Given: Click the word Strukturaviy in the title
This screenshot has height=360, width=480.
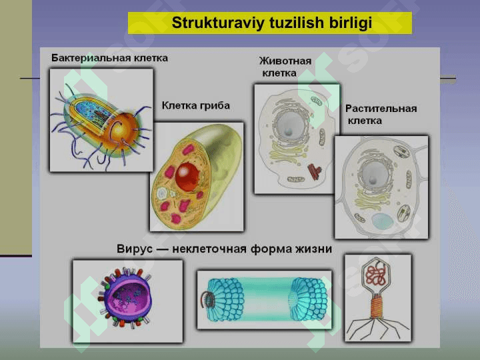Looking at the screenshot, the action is click(x=217, y=23).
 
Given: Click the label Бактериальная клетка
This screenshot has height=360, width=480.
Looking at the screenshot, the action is click(x=109, y=58).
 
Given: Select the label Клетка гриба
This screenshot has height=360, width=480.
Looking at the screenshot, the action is click(x=195, y=105).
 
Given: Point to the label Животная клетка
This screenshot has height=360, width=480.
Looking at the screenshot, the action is click(x=285, y=67).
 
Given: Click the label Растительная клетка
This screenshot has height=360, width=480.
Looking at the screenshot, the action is click(x=381, y=115).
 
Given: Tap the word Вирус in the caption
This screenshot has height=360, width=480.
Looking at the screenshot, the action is click(x=135, y=249).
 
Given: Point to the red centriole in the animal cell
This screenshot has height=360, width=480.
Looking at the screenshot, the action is click(x=315, y=171).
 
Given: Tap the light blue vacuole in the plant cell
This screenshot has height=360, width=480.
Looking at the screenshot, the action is click(x=383, y=221).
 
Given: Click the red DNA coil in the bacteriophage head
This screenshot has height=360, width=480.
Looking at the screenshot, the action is click(x=376, y=275).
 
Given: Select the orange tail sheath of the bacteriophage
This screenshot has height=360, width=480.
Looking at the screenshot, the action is click(x=377, y=307).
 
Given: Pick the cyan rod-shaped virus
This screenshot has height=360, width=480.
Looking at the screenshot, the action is click(x=265, y=299).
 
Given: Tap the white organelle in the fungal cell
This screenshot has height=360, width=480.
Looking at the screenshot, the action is click(x=162, y=193).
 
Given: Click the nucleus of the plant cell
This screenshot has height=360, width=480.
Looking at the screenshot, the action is click(x=374, y=174).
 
